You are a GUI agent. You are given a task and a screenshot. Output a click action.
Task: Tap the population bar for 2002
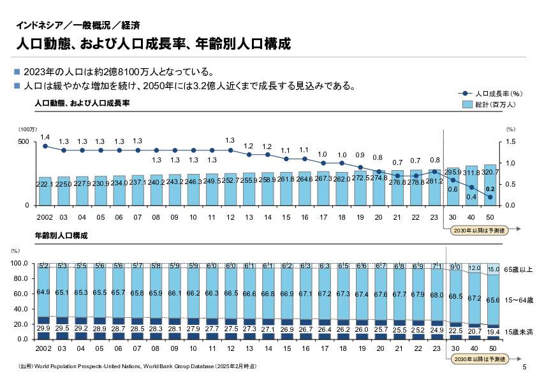point(45,190)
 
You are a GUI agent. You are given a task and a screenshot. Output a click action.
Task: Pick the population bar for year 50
point(490,185)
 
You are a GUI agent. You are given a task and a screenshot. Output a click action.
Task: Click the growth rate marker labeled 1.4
point(45,146)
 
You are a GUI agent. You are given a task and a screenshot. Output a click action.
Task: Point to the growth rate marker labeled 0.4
point(471,188)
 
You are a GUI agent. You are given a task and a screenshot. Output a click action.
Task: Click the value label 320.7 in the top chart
point(490,172)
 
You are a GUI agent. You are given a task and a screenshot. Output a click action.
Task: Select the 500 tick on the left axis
point(22,141)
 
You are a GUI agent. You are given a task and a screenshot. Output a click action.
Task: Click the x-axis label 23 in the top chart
point(434,217)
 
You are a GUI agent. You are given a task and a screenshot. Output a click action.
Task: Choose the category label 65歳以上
point(517,270)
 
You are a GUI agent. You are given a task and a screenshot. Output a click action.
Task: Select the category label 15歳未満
point(517,332)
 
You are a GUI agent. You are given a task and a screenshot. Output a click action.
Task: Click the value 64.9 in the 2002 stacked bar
point(44,292)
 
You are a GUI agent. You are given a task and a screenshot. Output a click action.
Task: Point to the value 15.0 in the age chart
point(493,269)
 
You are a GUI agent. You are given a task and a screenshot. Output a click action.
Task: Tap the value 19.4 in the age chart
point(493,333)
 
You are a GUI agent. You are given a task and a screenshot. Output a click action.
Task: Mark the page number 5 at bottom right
point(524,368)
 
